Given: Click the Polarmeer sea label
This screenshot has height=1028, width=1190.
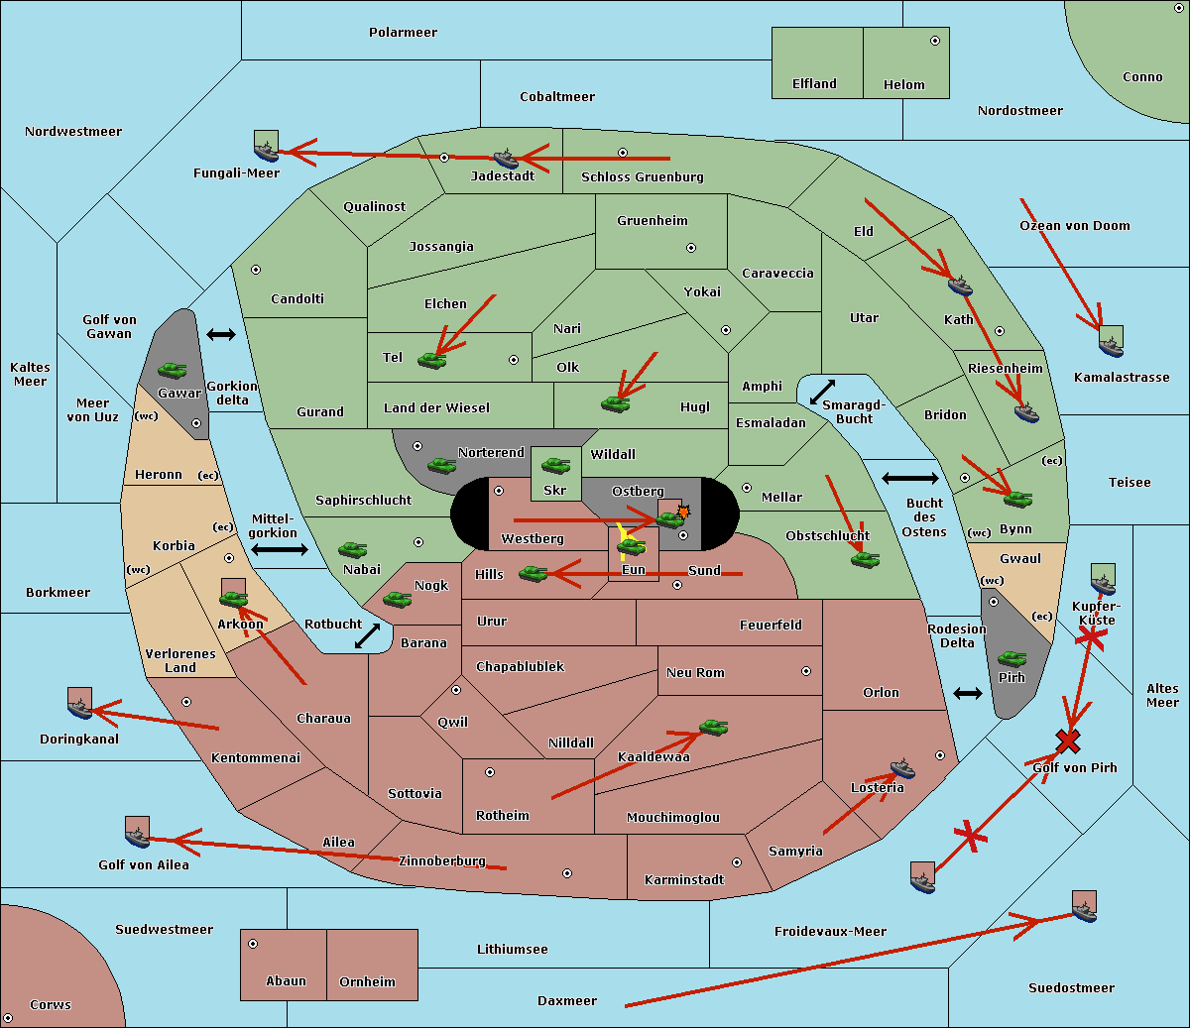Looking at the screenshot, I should click(x=403, y=33).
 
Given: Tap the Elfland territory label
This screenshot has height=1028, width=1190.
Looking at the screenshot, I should click(x=814, y=84).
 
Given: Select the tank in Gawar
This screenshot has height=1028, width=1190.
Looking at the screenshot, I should click(x=173, y=371).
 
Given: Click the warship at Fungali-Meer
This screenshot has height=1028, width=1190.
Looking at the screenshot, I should click(x=266, y=151).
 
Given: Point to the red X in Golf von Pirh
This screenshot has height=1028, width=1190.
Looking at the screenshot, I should click(x=1067, y=741).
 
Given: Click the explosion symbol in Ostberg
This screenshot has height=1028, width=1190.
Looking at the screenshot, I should click(x=683, y=512).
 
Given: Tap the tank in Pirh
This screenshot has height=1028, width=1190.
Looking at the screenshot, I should click(x=1012, y=659).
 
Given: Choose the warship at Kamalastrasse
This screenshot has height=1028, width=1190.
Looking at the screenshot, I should click(x=1111, y=345).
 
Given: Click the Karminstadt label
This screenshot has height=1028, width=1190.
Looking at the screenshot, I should click(x=684, y=880).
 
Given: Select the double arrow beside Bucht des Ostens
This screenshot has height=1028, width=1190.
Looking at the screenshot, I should click(x=909, y=479).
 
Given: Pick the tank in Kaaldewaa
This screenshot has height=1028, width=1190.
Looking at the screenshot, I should click(x=713, y=728).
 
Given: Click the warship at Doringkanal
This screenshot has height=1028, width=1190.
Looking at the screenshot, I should click(x=79, y=707).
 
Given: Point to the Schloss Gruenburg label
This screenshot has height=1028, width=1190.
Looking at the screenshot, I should click(x=642, y=177).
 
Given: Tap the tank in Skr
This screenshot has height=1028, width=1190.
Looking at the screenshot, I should click(x=555, y=464).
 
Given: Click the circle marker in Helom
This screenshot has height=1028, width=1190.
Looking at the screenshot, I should click(x=934, y=41).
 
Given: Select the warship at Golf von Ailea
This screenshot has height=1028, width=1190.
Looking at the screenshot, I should click(x=137, y=836).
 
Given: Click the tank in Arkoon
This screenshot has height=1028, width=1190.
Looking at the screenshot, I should click(x=233, y=598).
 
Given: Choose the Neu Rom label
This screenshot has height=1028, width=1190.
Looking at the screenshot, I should click(x=695, y=673).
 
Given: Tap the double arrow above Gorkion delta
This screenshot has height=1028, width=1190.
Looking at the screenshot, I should click(x=220, y=335).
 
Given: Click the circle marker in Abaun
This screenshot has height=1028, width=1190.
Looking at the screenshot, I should click(x=253, y=944).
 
